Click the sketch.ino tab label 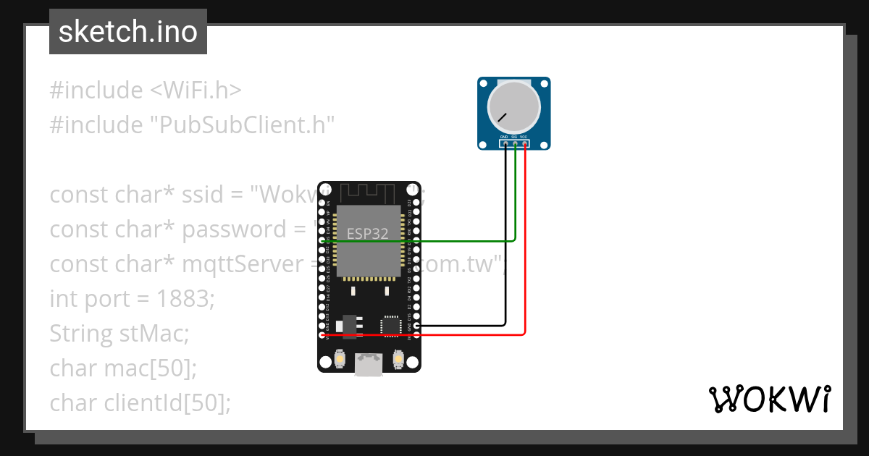coord(127,32)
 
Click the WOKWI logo coord(769,400)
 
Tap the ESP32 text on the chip coord(367,234)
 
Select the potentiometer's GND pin coord(505,143)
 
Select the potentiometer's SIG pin coord(514,143)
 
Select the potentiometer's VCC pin coord(524,143)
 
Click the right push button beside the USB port coord(398,358)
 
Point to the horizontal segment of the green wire coord(420,241)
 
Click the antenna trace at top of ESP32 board coord(369,193)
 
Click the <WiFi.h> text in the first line coord(196,90)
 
